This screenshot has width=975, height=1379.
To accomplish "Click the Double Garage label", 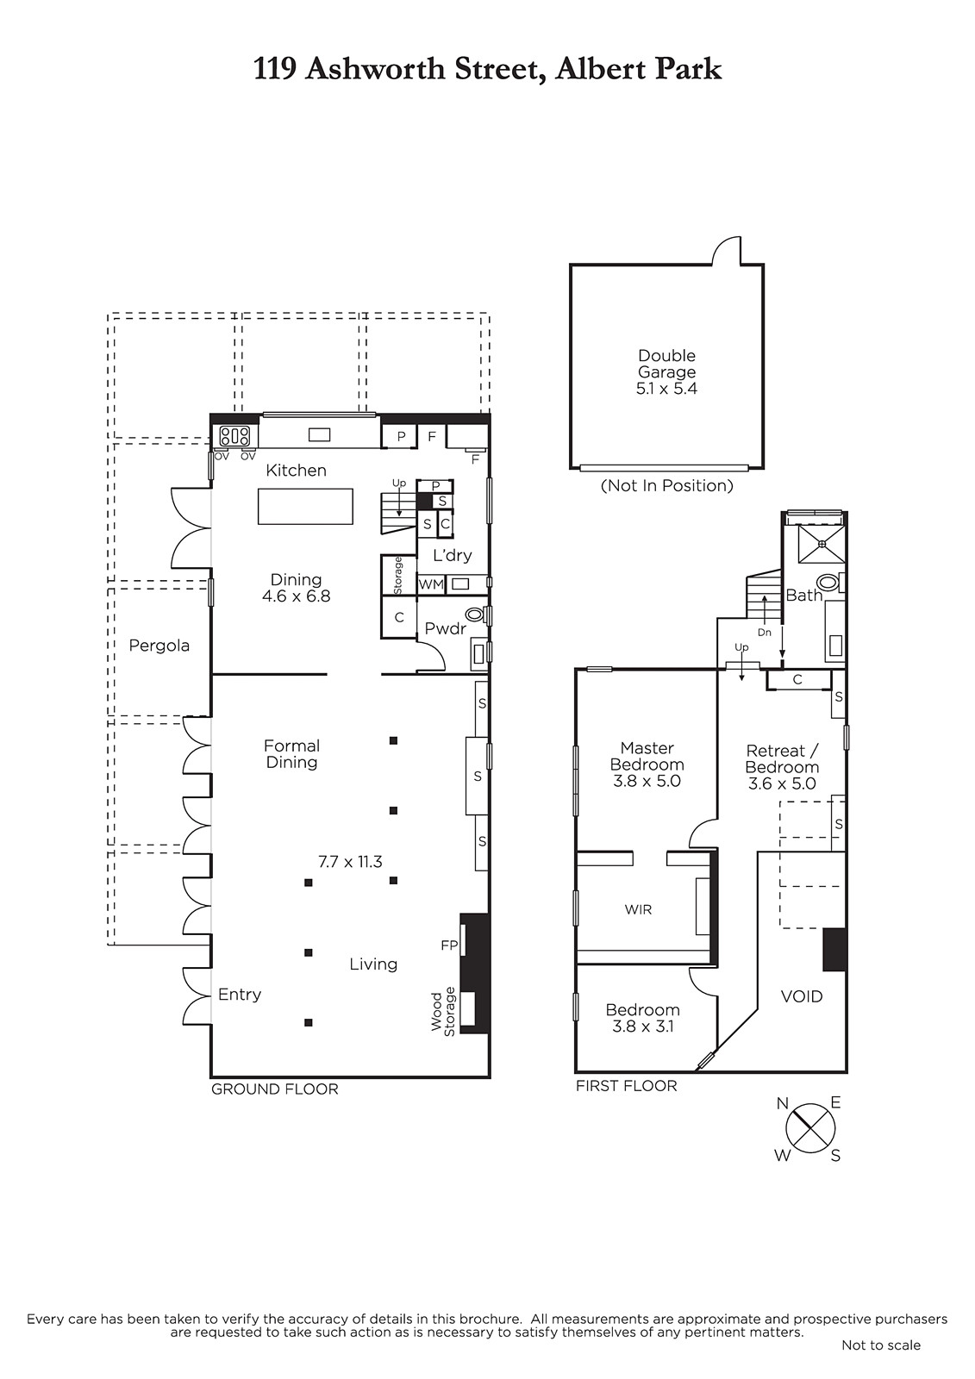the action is [x=666, y=364].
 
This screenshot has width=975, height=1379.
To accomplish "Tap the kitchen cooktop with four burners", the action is [x=234, y=436].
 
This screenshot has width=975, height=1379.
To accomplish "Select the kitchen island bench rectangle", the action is [x=305, y=506].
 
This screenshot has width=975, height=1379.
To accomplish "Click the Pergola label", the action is [x=159, y=646].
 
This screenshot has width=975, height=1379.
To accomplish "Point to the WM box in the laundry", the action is [x=431, y=583].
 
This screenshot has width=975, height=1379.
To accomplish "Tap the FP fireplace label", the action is [x=449, y=945].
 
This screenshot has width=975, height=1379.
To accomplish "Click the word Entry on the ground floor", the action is [x=240, y=995].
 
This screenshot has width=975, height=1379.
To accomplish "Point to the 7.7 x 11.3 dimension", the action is [x=350, y=862].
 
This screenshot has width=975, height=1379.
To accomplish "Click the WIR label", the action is [x=637, y=909].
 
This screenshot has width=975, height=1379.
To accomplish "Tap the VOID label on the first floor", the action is [x=802, y=996].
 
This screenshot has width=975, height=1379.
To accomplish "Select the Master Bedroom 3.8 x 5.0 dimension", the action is [x=647, y=781].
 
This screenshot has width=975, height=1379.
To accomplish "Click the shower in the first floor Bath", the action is [x=821, y=544].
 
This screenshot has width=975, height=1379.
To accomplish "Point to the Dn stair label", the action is [x=765, y=633].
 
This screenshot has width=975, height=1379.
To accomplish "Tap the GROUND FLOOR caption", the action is [x=275, y=1089].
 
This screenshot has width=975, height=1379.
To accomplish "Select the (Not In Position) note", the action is [x=667, y=486].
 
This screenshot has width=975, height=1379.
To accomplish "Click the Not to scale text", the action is [x=881, y=1345].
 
